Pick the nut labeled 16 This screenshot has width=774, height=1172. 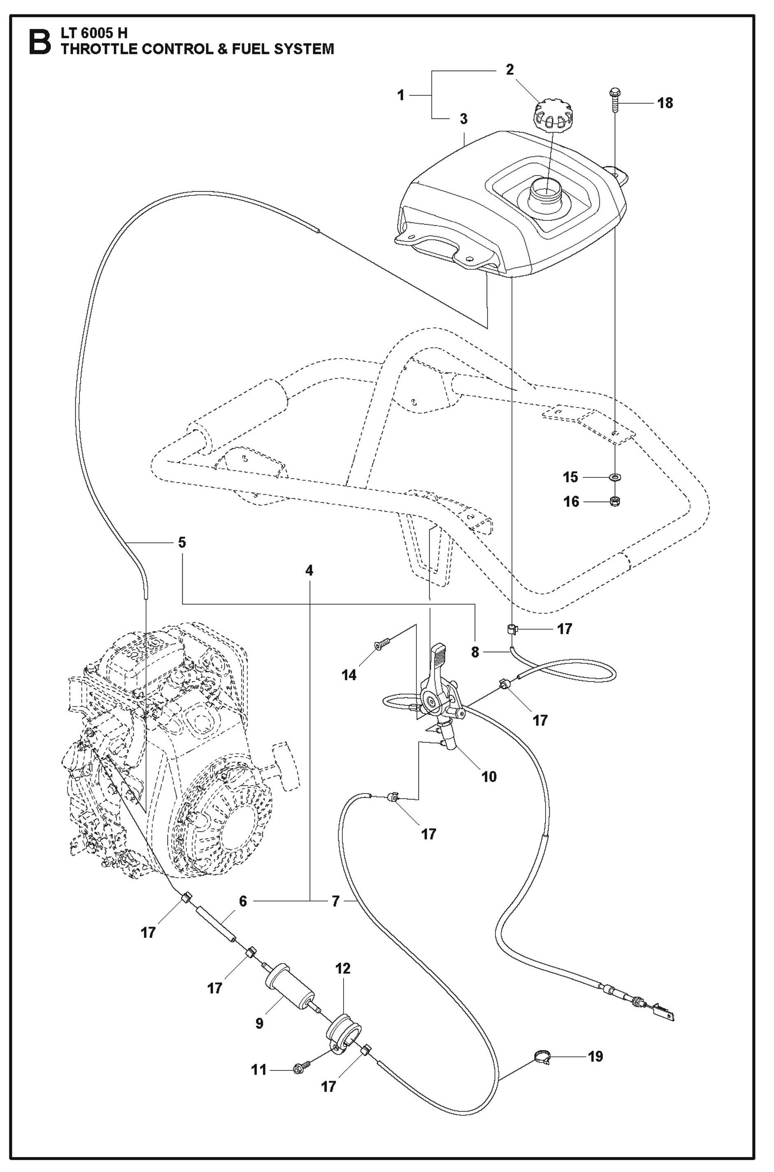615,502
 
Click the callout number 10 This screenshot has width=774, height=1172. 489,776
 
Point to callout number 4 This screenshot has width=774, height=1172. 309,571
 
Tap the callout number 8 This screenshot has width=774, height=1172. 475,652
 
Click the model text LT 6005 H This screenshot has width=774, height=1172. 94,33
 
